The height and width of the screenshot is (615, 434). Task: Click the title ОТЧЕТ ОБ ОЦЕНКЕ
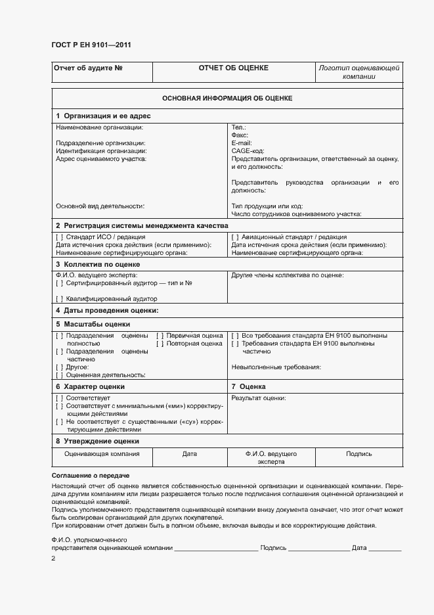coord(233,68)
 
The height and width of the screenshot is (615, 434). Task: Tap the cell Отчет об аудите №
coord(89,68)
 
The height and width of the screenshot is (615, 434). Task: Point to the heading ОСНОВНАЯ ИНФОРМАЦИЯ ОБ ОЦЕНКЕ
coord(227,98)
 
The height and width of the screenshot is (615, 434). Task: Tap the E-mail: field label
coord(242,143)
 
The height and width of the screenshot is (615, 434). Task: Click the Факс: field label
coord(240,135)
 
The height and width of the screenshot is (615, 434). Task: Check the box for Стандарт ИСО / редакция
coord(60,237)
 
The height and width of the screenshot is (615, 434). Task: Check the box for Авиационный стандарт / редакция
coord(236,237)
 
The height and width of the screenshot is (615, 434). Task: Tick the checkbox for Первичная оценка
coord(160,336)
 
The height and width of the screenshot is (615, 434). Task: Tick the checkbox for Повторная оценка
coord(160,344)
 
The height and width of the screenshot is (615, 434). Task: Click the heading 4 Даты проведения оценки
coord(107,310)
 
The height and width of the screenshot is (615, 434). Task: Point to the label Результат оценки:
coord(259,398)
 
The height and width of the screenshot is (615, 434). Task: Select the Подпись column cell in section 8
coord(358,454)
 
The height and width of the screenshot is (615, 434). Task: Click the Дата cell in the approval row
coord(189,454)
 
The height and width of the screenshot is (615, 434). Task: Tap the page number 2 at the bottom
coord(54,558)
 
